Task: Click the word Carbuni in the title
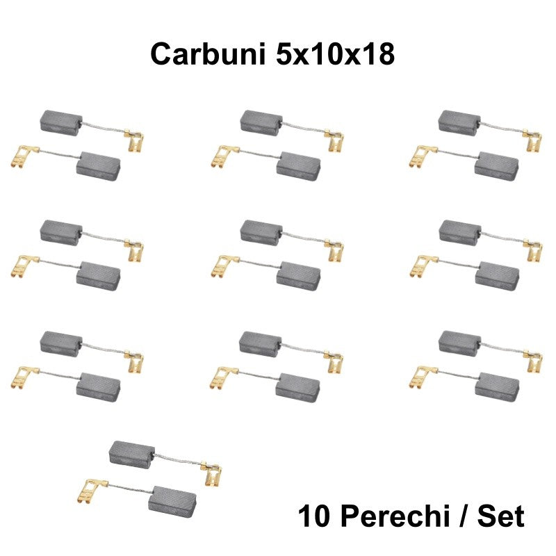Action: (208, 54)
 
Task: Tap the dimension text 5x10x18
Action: (335, 54)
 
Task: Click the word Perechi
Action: (393, 516)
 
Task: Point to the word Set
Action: (500, 516)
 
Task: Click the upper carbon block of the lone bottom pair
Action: (132, 455)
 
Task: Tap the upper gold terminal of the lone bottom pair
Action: (211, 473)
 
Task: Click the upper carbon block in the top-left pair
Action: (61, 123)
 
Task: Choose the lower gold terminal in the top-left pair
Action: (24, 156)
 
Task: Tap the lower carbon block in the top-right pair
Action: (496, 166)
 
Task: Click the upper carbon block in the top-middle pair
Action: (262, 123)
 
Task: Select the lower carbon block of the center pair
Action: (299, 276)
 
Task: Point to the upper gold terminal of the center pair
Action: (334, 250)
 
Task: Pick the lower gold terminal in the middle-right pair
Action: (423, 266)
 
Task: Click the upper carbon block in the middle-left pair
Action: (61, 233)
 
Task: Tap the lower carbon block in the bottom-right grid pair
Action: (497, 387)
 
